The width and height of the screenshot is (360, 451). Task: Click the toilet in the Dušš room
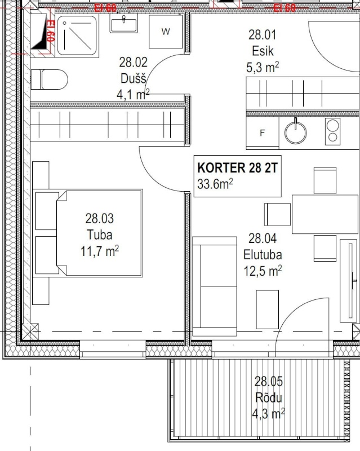(x=50, y=79)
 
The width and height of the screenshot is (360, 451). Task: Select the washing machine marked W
(x=166, y=32)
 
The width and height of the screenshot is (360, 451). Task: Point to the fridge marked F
(x=261, y=133)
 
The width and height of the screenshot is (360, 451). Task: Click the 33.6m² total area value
(x=215, y=183)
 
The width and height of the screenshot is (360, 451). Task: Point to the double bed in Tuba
(x=88, y=233)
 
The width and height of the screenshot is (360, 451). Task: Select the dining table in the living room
(x=325, y=214)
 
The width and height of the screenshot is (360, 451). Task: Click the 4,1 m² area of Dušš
(x=132, y=95)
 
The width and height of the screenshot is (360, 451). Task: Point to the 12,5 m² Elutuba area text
(x=263, y=271)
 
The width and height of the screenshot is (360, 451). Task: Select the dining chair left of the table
(x=277, y=214)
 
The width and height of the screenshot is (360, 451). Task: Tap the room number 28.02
(x=133, y=62)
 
